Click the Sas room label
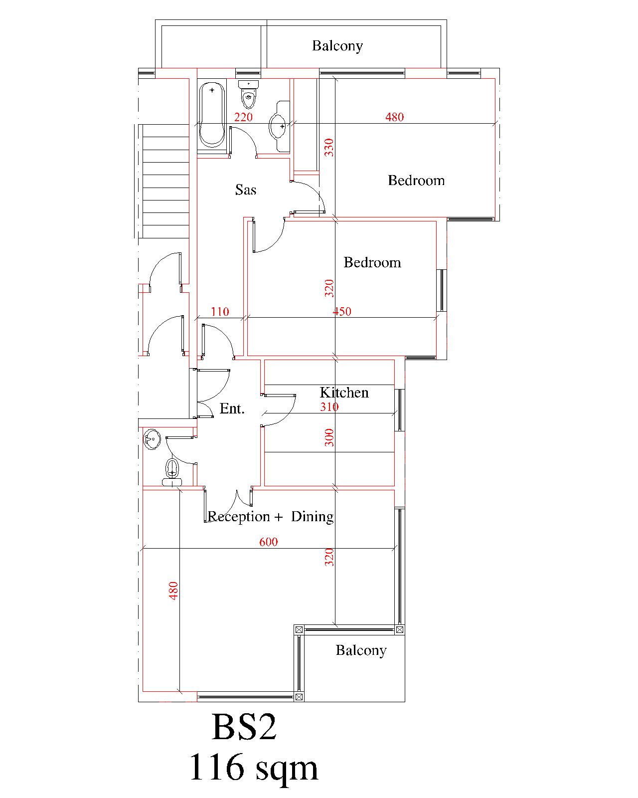coord(245,190)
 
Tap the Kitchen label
coord(344,393)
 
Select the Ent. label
coord(232,408)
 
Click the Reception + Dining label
coord(271,517)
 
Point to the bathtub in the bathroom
coord(212,115)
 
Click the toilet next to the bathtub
coord(248,94)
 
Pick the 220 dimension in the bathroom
coord(243,117)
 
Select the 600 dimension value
coord(268,542)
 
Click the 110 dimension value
coord(220,312)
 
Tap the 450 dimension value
coord(342,311)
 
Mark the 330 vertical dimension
coord(329,147)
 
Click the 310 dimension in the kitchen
coord(329,407)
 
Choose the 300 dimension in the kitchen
coord(329,437)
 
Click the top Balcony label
coord(337,46)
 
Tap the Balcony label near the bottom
coord(361,650)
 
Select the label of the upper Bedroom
coord(416,181)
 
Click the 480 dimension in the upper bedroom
coord(394,117)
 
